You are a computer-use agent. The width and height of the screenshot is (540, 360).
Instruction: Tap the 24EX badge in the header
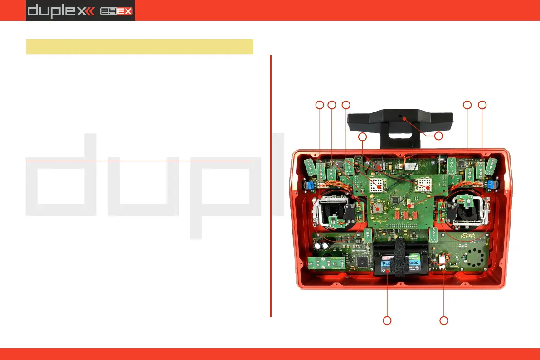click(x=117, y=10)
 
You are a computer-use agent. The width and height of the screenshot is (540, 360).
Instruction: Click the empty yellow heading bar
click(x=140, y=46)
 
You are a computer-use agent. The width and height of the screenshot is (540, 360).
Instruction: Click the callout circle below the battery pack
click(x=387, y=321)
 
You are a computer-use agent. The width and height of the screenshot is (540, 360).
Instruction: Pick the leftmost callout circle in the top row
click(x=320, y=105)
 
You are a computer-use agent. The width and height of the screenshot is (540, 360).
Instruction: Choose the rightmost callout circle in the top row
click(x=482, y=105)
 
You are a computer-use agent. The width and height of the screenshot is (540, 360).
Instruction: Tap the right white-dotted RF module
click(x=425, y=185)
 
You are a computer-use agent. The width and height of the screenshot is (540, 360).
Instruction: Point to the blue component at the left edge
click(x=311, y=185)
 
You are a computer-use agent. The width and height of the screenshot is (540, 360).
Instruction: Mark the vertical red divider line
click(x=271, y=186)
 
